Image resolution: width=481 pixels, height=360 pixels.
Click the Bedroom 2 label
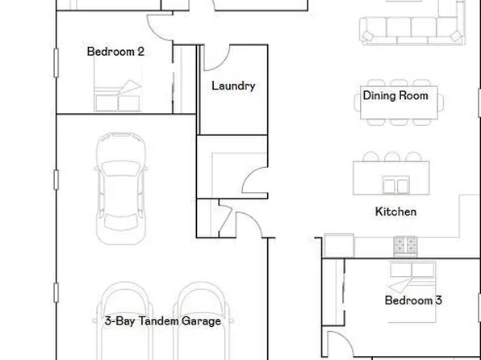point(115,52)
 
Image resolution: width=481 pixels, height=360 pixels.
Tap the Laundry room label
point(233,86)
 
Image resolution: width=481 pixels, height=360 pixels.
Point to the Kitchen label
point(395,211)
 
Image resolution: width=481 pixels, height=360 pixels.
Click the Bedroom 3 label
point(412,301)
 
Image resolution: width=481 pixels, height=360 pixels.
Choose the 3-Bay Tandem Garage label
point(163,321)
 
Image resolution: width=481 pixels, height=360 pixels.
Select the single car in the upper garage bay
point(123,187)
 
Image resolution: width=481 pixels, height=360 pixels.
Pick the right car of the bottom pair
point(196,323)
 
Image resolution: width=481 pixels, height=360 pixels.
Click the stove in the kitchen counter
point(405,243)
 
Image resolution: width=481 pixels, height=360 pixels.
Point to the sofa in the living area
point(412,29)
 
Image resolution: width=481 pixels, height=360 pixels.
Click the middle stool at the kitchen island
point(392,157)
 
